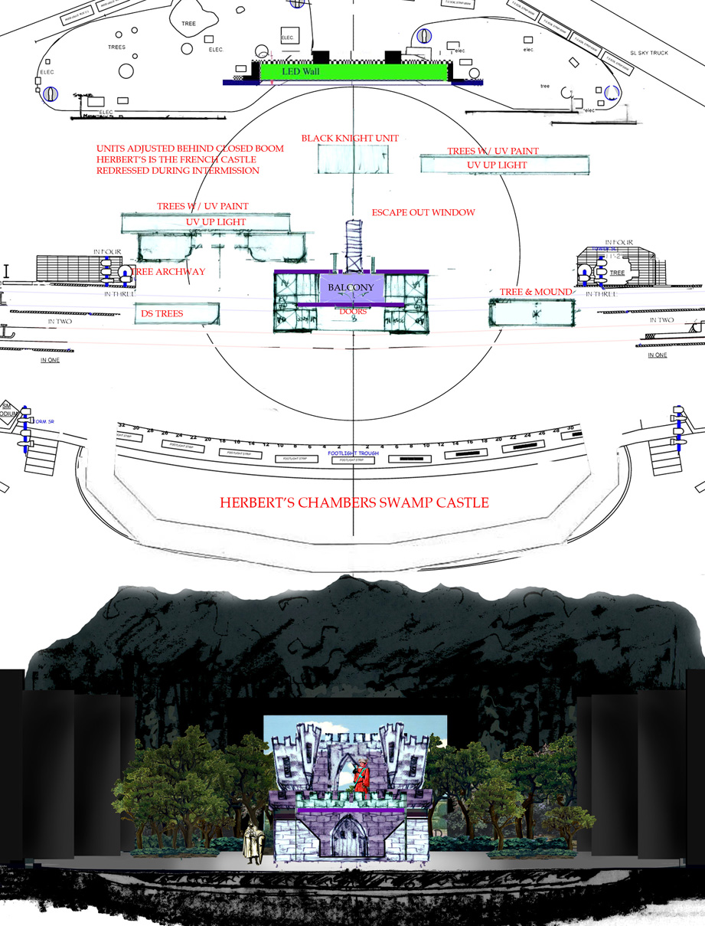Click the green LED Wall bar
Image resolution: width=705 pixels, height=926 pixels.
(x=353, y=71)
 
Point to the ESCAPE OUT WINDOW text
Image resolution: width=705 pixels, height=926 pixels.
(x=423, y=212)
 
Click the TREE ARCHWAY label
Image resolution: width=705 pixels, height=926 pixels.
(x=168, y=271)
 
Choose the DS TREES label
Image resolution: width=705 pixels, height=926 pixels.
(x=162, y=313)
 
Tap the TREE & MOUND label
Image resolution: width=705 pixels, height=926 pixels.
(x=536, y=292)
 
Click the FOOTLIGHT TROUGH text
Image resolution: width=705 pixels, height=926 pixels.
(x=354, y=453)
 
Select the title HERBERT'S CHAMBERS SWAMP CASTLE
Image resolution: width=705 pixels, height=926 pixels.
(x=354, y=503)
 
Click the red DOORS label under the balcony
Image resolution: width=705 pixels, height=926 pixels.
(x=352, y=312)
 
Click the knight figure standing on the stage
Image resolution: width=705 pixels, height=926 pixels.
(x=251, y=843)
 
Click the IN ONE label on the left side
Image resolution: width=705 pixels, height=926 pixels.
(x=51, y=359)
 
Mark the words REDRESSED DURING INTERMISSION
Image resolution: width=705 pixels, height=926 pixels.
(x=178, y=170)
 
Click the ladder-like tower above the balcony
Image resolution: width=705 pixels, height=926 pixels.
(x=353, y=239)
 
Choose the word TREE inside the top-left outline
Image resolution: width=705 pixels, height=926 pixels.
(x=188, y=24)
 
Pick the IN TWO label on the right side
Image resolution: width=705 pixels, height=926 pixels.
(x=661, y=320)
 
